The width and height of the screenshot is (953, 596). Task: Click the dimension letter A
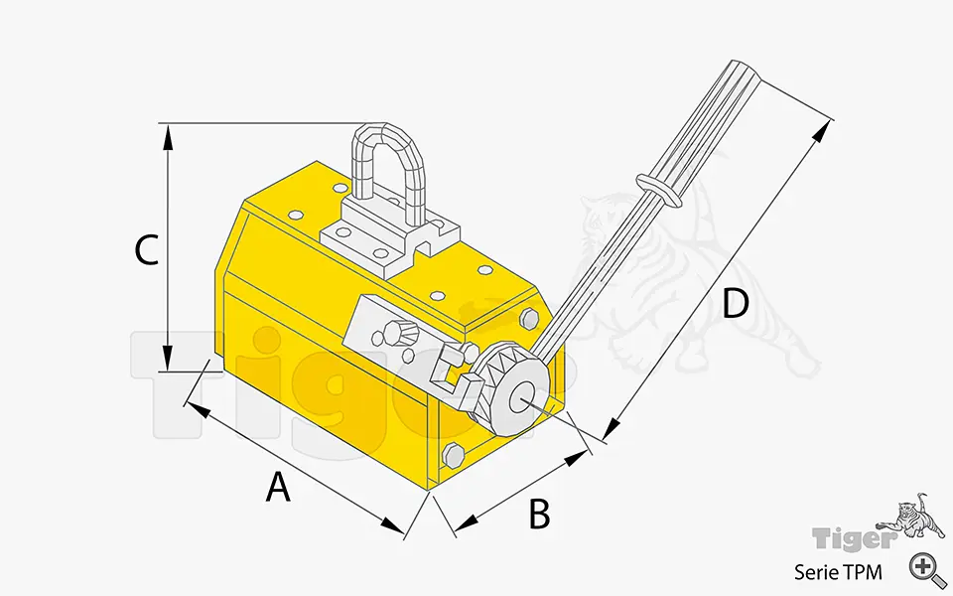tap(279, 487)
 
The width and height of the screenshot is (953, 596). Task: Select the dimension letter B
tap(538, 514)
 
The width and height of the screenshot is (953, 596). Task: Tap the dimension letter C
tap(146, 250)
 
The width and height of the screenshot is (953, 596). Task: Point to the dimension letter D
tap(735, 304)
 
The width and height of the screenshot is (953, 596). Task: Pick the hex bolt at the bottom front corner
tap(453, 457)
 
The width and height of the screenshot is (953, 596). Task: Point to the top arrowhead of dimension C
tap(169, 136)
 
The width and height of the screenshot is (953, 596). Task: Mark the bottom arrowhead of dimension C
tap(169, 358)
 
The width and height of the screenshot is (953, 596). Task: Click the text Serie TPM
tap(837, 571)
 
